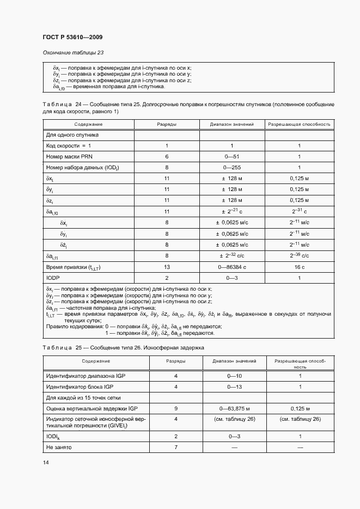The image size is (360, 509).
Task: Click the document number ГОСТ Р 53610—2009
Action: (72, 37)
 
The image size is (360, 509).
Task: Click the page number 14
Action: (45, 462)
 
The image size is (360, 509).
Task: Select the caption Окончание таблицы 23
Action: (73, 53)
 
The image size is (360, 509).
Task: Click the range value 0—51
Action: (232, 156)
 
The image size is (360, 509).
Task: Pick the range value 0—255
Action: (232, 168)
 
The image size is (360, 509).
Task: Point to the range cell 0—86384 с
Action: (232, 267)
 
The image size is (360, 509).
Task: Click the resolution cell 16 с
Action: (299, 267)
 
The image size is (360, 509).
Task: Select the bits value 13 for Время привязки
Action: (167, 267)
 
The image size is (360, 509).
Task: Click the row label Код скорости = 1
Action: (69, 145)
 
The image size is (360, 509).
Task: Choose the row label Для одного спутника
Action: (72, 134)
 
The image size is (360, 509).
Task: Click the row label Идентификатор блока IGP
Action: (80, 387)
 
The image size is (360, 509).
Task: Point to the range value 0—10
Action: (232, 376)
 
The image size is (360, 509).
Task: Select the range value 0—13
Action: (232, 387)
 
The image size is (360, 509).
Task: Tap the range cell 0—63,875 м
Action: (232, 408)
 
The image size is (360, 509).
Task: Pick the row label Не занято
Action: (59, 447)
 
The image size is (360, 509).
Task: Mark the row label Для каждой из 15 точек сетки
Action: (83, 397)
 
